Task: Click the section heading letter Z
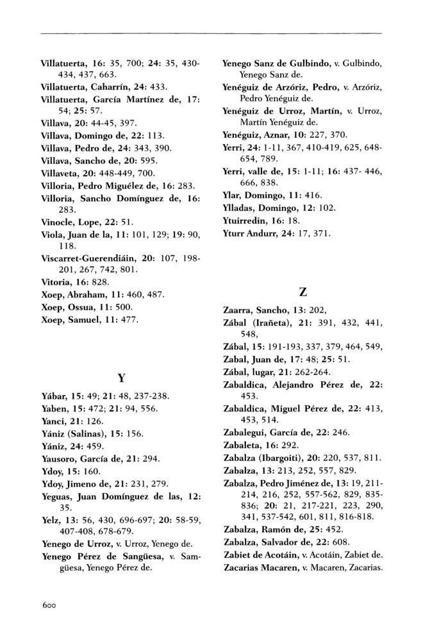tap(302, 290)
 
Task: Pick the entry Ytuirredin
tap(244, 219)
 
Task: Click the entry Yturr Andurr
tap(251, 232)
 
